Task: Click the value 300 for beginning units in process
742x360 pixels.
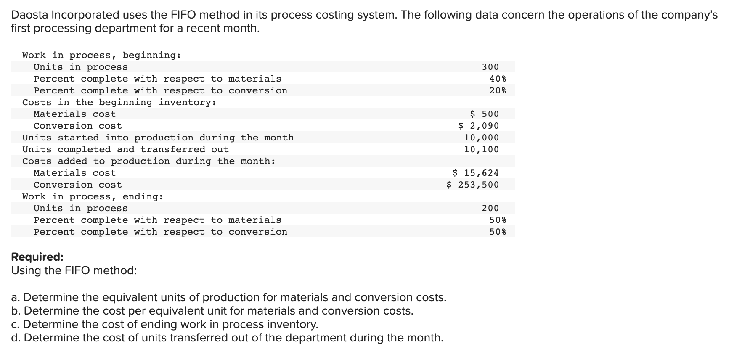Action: pos(490,67)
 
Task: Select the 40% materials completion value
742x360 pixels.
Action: pos(498,79)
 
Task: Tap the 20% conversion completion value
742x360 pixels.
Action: pos(498,90)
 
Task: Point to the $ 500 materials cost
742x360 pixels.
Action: pos(484,114)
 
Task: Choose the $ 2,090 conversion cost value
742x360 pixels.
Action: pos(478,126)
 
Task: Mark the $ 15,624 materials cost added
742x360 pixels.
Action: pos(475,173)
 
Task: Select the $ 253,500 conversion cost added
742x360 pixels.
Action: pos(472,185)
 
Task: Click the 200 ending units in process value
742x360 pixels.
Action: pos(490,208)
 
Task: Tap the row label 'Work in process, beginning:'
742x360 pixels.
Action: pos(102,55)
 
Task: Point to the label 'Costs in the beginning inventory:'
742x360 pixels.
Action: pos(119,102)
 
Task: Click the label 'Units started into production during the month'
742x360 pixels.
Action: pos(158,138)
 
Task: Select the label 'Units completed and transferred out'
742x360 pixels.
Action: pos(125,149)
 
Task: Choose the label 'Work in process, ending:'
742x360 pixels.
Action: pos(93,196)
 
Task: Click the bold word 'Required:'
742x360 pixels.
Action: pos(37,257)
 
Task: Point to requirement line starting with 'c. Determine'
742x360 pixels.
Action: pos(164,324)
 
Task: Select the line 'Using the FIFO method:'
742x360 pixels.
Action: pos(74,270)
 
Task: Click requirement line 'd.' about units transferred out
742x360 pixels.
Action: pos(227,338)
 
